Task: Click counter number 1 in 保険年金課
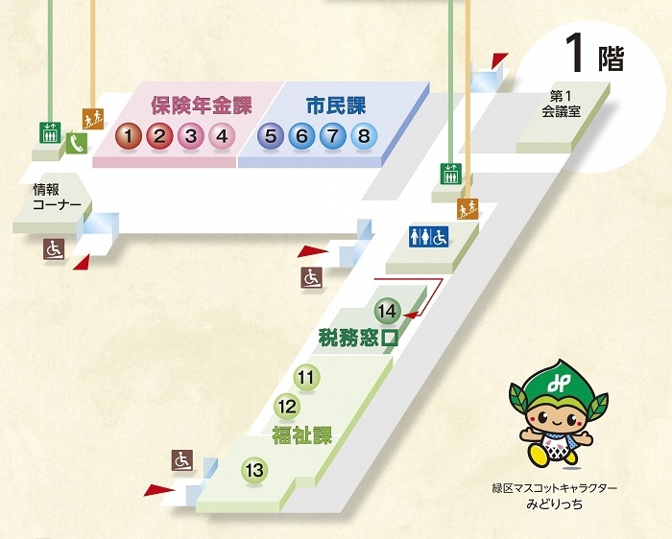(x=130, y=136)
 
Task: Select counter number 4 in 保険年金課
(x=222, y=136)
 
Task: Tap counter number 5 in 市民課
(x=271, y=136)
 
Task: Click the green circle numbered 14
(x=387, y=312)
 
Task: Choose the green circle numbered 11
(x=306, y=378)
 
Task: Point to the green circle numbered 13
(x=254, y=471)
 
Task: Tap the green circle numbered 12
(x=286, y=406)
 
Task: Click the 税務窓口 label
(x=358, y=339)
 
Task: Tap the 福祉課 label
(x=301, y=435)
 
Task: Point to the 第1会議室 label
(x=562, y=103)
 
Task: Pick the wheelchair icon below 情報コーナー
(x=54, y=249)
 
